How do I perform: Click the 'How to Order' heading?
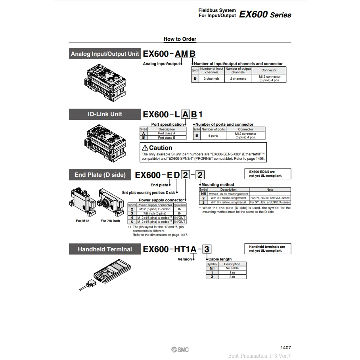tap(180, 39)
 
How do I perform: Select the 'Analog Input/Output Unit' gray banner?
tap(105, 54)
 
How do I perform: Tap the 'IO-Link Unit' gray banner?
tap(105, 114)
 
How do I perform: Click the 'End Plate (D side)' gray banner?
tap(100, 174)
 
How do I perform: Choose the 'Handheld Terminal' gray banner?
tap(105, 249)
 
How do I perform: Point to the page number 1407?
tap(285, 347)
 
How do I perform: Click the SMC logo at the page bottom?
tap(180, 349)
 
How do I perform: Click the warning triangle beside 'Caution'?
tap(145, 148)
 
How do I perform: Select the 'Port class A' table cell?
tap(167, 134)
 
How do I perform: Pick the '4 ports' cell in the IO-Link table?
tap(213, 136)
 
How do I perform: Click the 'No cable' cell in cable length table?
tap(232, 268)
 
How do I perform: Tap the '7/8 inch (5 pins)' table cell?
tap(155, 213)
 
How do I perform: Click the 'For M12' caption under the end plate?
tap(82, 221)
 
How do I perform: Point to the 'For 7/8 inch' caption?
tap(110, 221)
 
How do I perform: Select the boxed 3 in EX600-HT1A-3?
tap(207, 249)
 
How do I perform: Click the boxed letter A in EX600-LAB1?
tap(185, 114)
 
